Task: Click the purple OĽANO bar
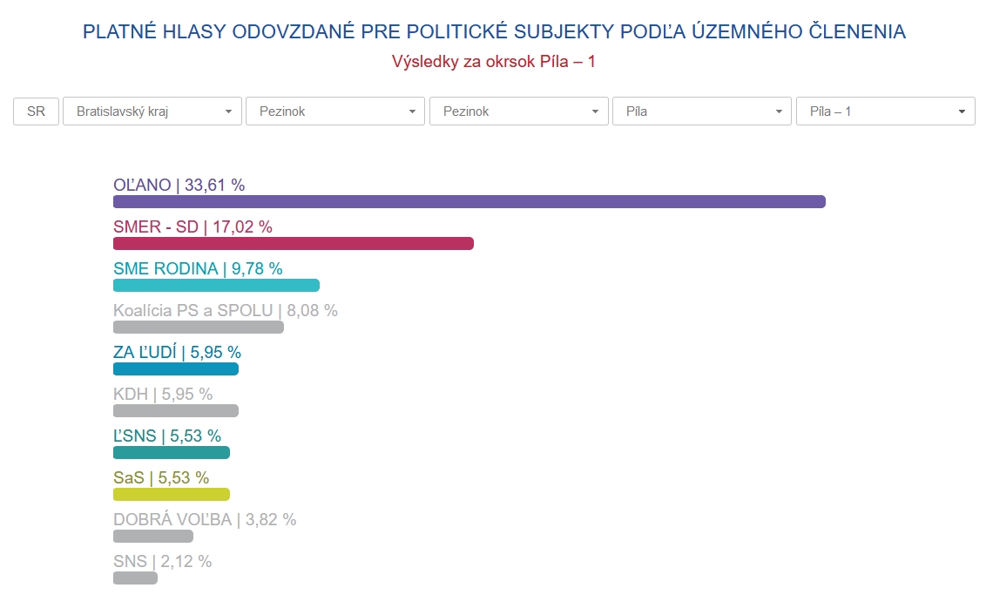coord(469,202)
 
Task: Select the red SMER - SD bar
coord(294,244)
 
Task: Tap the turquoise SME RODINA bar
coord(216,286)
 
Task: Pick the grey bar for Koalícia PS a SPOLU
coord(199,328)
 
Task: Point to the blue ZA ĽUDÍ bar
coord(176,369)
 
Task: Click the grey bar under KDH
coord(176,411)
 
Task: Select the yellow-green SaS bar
coord(172,495)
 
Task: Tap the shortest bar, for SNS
coord(135,578)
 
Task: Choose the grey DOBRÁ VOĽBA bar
coord(153,537)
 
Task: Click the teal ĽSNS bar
coord(172,453)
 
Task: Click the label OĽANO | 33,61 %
coord(179,185)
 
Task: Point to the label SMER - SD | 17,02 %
coord(192,226)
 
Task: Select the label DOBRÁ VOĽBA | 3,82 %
coord(205,519)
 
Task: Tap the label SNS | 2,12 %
coord(162,561)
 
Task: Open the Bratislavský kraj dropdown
coord(152,112)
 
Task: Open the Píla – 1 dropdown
coord(885,112)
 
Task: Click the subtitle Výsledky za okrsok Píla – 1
coord(493,62)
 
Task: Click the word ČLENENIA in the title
coord(857,32)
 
